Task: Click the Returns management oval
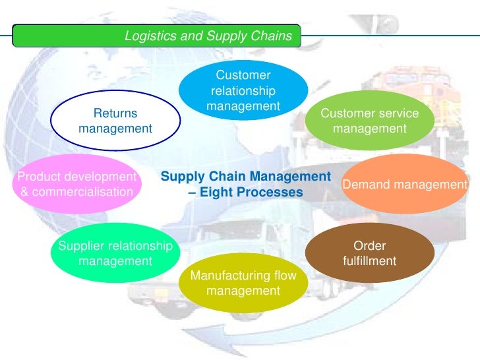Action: (x=115, y=121)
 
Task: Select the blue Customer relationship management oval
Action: (x=243, y=90)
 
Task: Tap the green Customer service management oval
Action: (x=369, y=121)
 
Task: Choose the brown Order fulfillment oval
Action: (x=369, y=253)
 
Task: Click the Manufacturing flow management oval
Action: (x=243, y=283)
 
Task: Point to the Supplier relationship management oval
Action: (x=115, y=253)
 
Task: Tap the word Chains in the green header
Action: (x=270, y=36)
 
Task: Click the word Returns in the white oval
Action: (x=115, y=113)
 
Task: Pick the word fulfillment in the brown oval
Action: (x=370, y=261)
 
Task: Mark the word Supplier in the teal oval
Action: (x=81, y=246)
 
